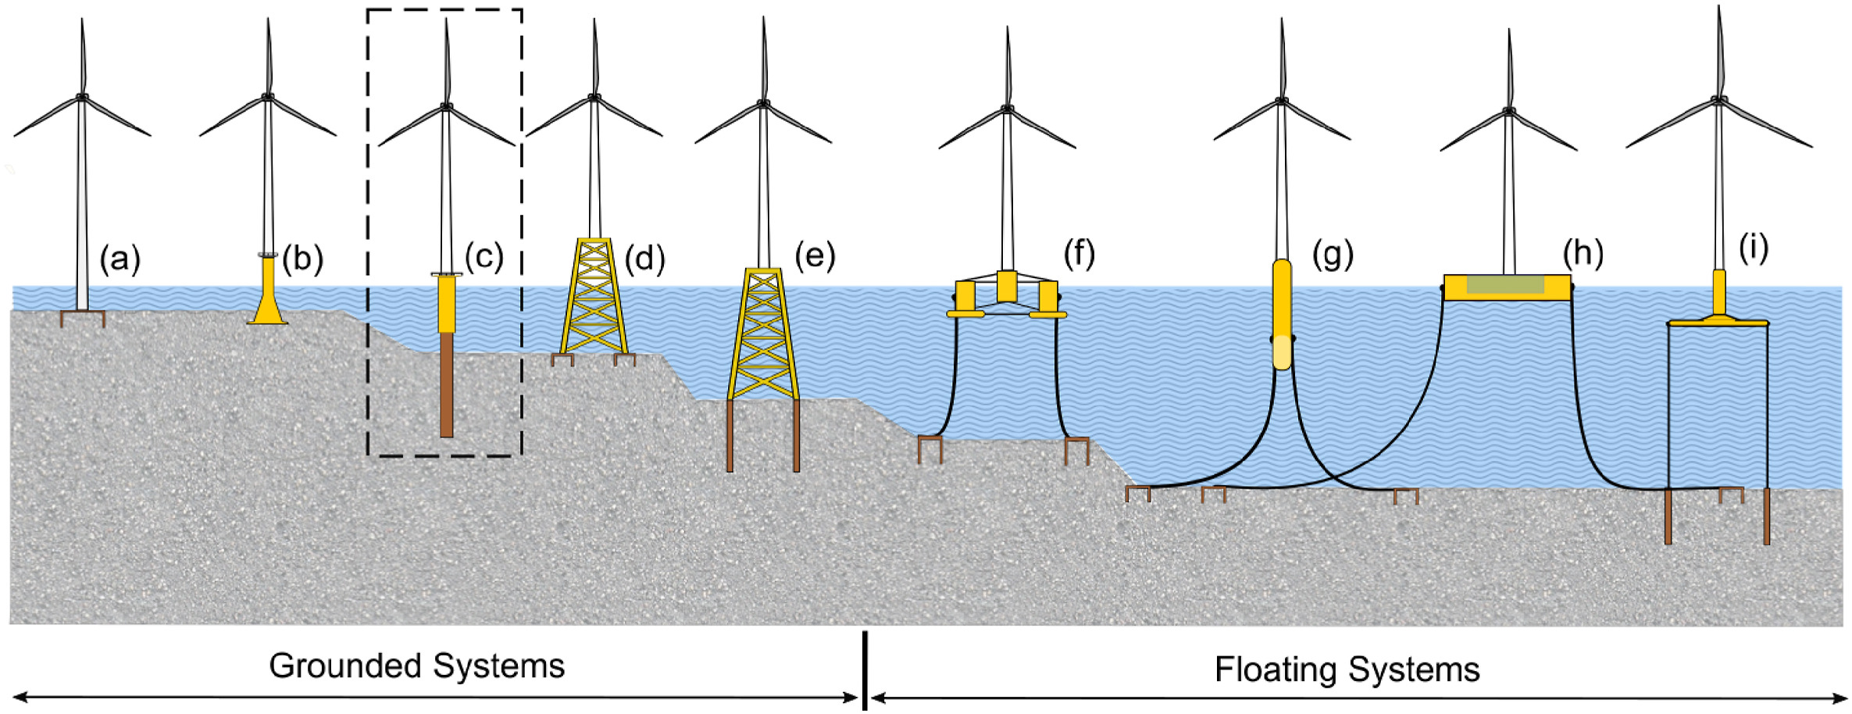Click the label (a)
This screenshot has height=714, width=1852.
[x=120, y=259]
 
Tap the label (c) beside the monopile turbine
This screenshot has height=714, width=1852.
[x=484, y=256]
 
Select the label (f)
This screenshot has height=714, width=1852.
[x=1079, y=253]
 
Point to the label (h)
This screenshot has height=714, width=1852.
[x=1583, y=252]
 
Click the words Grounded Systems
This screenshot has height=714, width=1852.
[x=416, y=666]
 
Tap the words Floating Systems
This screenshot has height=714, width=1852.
[x=1347, y=669]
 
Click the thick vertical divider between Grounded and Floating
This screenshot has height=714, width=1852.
[x=865, y=670]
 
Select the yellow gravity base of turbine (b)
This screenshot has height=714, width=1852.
[x=268, y=297]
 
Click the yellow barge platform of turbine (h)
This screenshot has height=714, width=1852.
[x=1507, y=287]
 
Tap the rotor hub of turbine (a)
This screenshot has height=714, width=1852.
[x=82, y=97]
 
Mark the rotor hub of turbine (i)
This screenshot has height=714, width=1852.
[x=1718, y=99]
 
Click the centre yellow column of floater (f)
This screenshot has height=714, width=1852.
[x=1007, y=286]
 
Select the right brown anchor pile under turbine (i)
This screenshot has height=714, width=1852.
[x=1766, y=516]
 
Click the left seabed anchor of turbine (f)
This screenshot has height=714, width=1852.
[x=930, y=448]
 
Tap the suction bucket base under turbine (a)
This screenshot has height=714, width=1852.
[x=82, y=317]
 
